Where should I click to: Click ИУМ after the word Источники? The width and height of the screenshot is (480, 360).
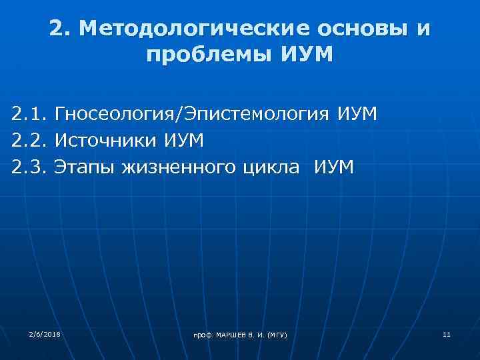point(184,140)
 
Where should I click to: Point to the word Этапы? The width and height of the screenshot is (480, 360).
point(86,166)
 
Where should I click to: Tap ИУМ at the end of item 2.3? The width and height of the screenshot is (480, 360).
point(333,166)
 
